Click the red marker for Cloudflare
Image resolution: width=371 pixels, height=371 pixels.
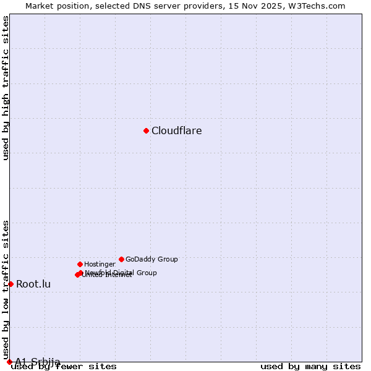[146, 130]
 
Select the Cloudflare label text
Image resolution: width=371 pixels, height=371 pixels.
[176, 131]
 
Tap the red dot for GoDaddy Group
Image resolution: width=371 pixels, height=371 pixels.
[121, 259]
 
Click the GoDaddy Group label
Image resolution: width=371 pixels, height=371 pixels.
[151, 260]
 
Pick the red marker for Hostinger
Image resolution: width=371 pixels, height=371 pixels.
[80, 264]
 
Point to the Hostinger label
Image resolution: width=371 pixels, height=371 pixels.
[100, 265]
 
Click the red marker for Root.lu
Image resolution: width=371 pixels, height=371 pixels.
[11, 284]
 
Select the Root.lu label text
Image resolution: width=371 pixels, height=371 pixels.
[33, 284]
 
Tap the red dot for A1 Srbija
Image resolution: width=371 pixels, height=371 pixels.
[9, 362]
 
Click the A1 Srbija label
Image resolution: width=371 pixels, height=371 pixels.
[38, 362]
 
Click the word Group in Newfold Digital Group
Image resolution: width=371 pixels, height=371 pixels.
[147, 273]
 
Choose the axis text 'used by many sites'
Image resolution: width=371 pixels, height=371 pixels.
[310, 366]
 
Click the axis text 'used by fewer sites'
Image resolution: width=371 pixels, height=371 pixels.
[64, 366]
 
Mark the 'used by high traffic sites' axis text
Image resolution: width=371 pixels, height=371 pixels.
[6, 88]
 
